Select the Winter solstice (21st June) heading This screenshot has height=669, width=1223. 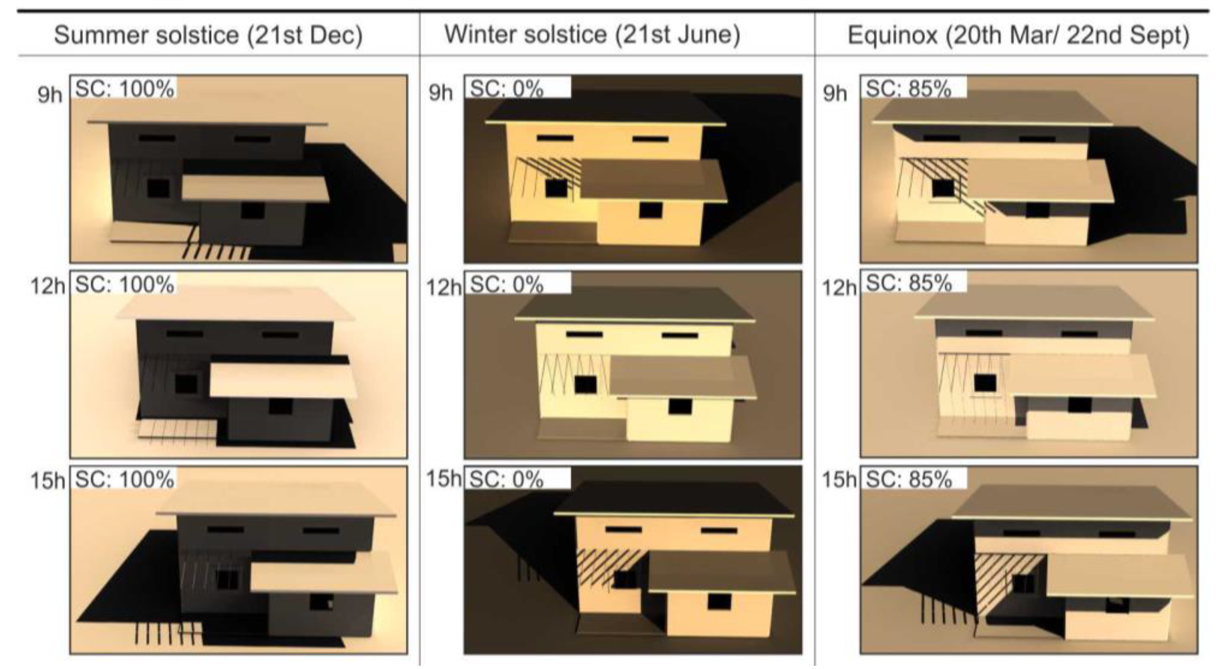592,34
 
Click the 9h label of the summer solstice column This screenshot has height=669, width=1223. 50,95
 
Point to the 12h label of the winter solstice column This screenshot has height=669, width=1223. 443,288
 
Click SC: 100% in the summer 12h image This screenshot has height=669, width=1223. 125,284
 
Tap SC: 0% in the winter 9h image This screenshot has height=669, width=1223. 507,89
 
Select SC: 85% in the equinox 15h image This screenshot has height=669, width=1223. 909,480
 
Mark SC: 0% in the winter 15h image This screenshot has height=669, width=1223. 507,480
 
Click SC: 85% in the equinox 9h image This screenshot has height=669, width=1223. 909,89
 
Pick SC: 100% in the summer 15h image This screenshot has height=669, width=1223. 125,480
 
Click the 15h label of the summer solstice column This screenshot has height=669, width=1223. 47,481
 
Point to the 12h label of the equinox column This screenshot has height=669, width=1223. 839,288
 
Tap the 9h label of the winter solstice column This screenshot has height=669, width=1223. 441,93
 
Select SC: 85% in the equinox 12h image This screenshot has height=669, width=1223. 909,283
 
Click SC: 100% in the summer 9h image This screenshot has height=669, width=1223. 125,89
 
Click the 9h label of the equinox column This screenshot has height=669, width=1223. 835,93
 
